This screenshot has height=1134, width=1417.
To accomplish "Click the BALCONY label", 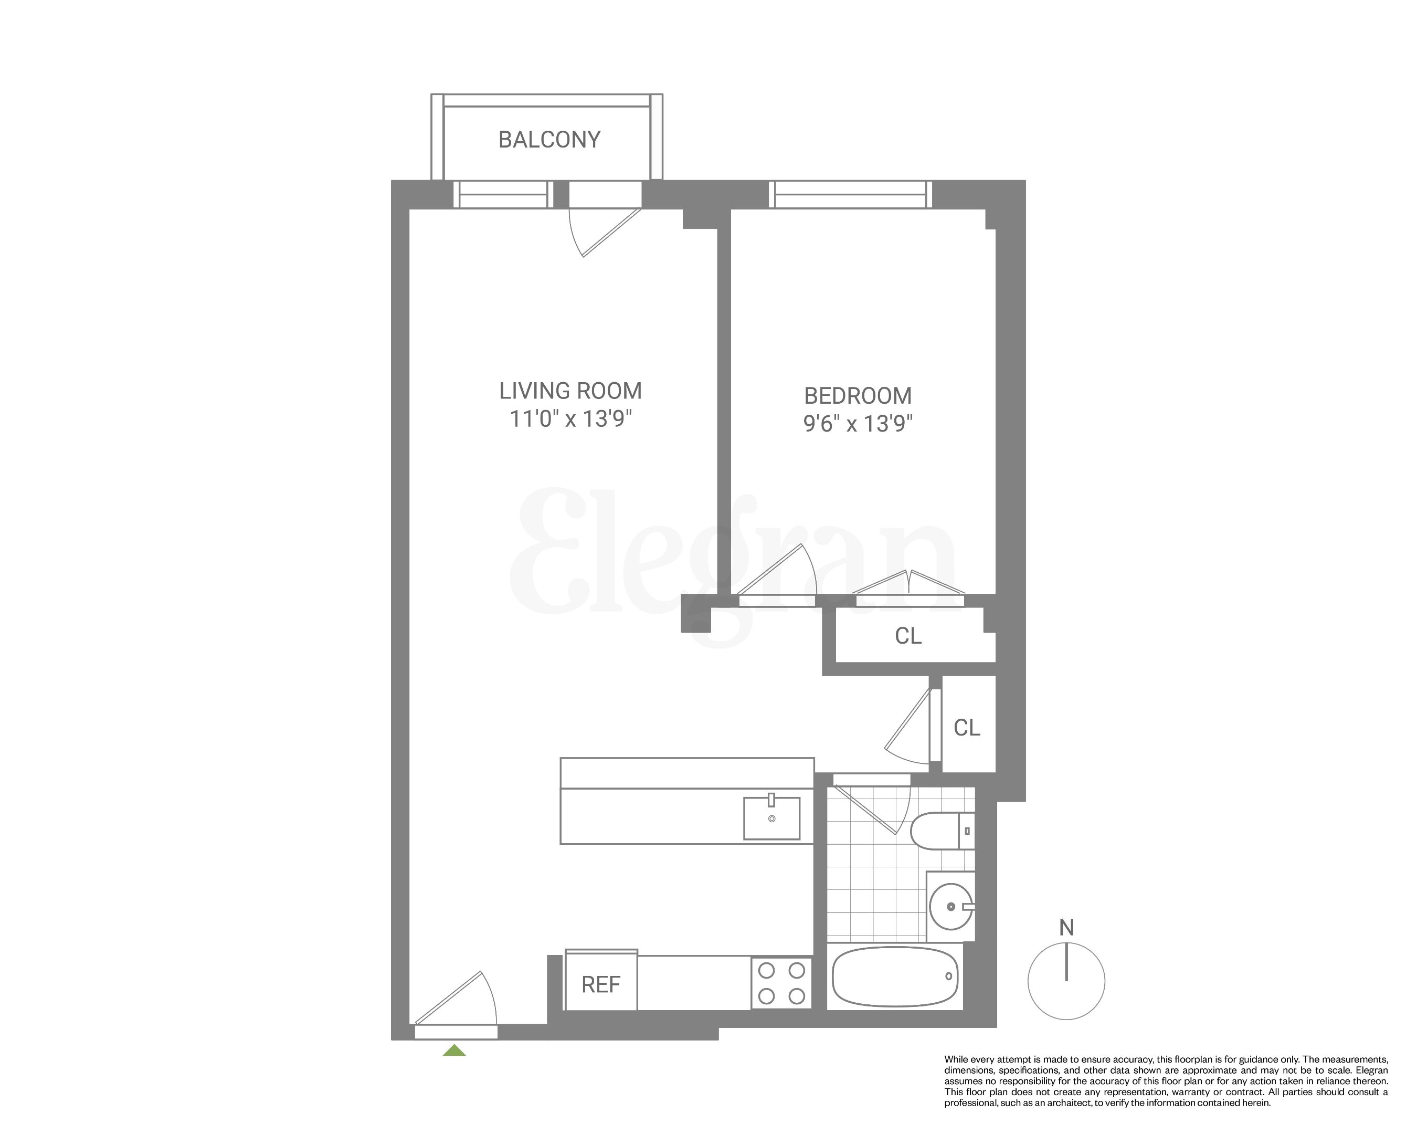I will click(x=549, y=140).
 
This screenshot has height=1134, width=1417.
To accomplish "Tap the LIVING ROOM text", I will click(x=570, y=391).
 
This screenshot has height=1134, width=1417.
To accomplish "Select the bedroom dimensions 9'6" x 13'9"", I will click(x=858, y=423).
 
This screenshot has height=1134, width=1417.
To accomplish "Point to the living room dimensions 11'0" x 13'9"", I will click(x=570, y=419).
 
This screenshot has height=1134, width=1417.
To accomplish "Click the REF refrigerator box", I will click(x=601, y=984).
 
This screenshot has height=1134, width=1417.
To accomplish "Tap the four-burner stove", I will click(x=781, y=983).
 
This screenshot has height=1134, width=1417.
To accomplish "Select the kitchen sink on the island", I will click(x=771, y=818).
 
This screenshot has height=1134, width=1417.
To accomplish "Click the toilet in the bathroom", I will click(x=941, y=831).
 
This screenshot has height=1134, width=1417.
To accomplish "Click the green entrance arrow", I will click(x=454, y=1051).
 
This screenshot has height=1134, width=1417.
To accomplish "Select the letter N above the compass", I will click(x=1066, y=928).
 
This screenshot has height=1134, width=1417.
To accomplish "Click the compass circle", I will click(x=1066, y=981).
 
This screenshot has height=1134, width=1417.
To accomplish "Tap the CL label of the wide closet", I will click(x=908, y=636).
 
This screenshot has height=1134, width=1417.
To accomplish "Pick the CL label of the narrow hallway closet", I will click(x=967, y=728).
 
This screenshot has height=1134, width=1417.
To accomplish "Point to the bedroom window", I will click(x=851, y=195).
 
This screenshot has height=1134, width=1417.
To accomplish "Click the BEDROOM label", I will click(x=858, y=396).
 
